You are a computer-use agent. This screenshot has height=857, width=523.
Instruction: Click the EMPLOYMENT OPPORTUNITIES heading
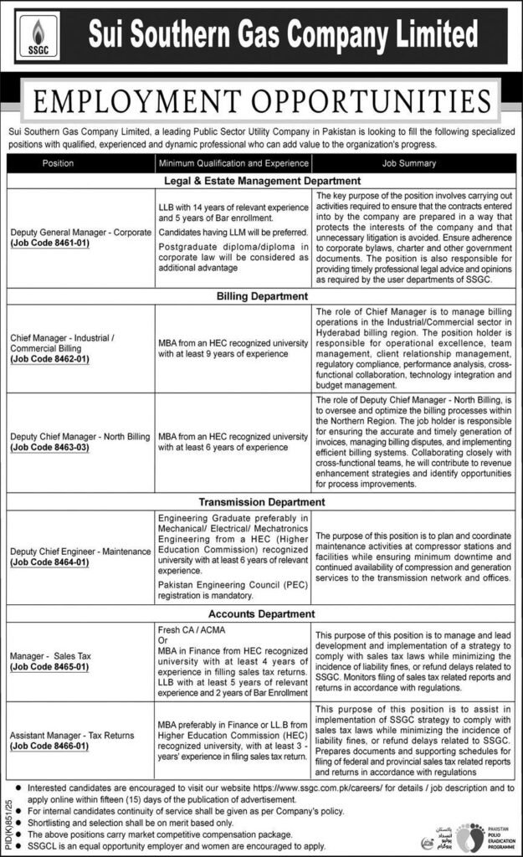click(x=261, y=101)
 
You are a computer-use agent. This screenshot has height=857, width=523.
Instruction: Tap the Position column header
click(x=58, y=163)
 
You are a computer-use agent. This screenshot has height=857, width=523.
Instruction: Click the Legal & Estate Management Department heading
click(x=261, y=180)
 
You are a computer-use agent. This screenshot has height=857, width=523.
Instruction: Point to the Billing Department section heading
click(x=261, y=296)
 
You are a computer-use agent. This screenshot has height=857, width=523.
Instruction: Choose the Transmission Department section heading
click(x=261, y=502)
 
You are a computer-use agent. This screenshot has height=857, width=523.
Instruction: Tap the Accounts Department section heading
click(x=261, y=613)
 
